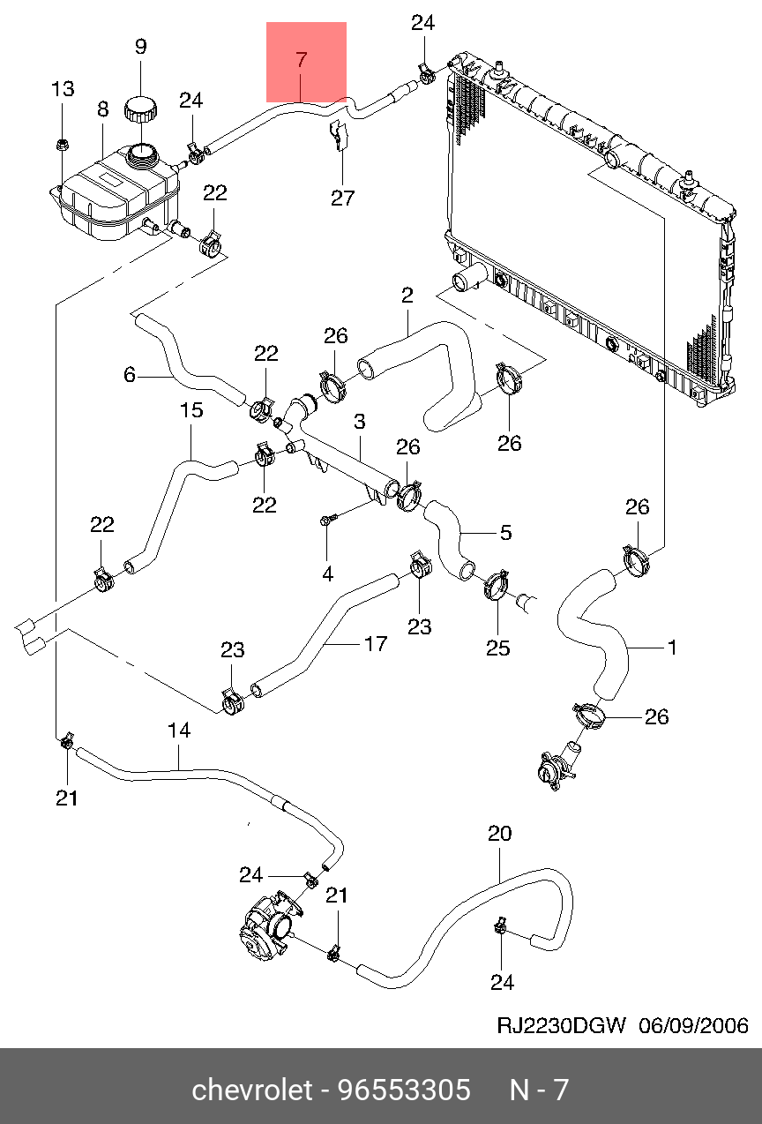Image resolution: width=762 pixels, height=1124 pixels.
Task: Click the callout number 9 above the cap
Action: (x=141, y=47)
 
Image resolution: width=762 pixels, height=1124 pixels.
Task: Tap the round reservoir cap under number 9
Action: (x=141, y=111)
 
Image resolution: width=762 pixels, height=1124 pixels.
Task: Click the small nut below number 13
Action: (x=62, y=143)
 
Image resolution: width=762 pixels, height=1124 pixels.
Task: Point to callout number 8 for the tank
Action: (x=102, y=109)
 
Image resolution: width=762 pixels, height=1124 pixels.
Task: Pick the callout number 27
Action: (x=343, y=198)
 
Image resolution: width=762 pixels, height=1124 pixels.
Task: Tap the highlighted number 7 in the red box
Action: (x=301, y=60)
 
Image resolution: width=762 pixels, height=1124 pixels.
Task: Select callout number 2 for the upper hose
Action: (x=407, y=296)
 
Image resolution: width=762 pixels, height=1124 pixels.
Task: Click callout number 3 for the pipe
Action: (x=360, y=423)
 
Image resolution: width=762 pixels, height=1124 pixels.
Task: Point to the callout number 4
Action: (x=327, y=574)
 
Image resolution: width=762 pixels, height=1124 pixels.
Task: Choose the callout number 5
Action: (x=505, y=533)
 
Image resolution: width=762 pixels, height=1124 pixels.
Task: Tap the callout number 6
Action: (x=130, y=375)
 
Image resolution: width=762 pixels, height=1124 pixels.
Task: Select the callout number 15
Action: (x=191, y=410)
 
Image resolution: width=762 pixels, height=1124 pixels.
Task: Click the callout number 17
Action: (x=376, y=644)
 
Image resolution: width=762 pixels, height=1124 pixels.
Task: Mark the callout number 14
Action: (x=179, y=731)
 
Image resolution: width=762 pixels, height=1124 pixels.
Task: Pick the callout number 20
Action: (x=500, y=834)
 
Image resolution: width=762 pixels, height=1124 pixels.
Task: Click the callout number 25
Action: (x=498, y=648)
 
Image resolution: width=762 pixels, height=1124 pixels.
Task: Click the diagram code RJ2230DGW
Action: (x=562, y=1025)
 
